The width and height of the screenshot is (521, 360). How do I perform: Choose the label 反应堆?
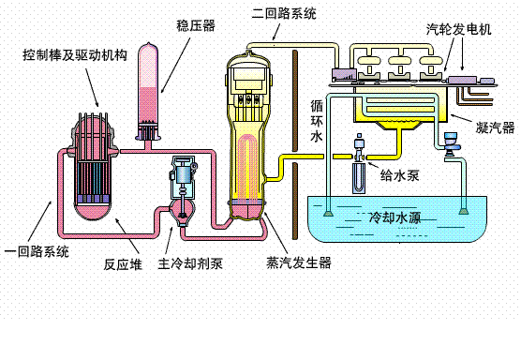coord(122,263)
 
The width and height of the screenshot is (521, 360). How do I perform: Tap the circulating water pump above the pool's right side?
coord(451,144)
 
